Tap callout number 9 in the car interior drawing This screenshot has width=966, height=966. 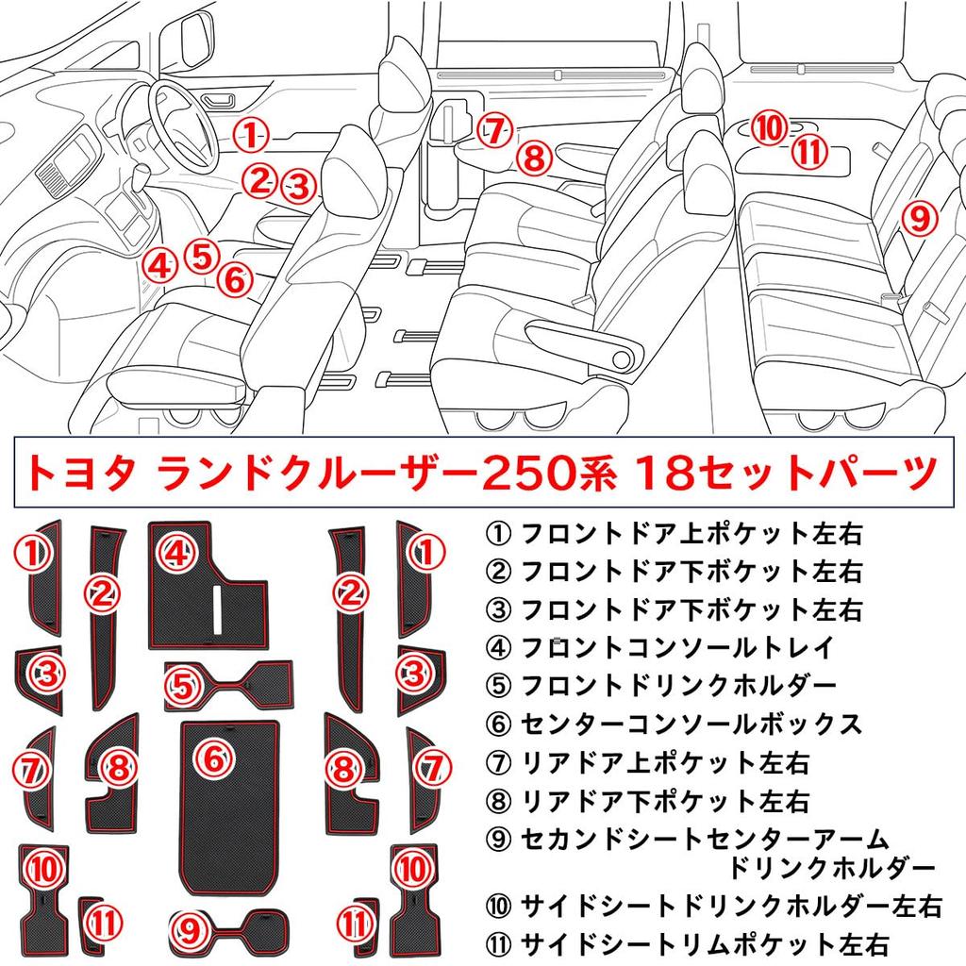tap(918, 219)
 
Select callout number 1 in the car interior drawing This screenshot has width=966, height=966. tap(250, 135)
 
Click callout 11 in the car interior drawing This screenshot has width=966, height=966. tap(808, 151)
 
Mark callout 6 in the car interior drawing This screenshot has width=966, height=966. tap(236, 279)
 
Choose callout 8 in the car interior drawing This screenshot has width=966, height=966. tap(534, 158)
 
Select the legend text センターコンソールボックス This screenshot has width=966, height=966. tap(691, 724)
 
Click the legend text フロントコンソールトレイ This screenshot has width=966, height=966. tap(677, 647)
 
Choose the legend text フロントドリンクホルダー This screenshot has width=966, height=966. tap(677, 685)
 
